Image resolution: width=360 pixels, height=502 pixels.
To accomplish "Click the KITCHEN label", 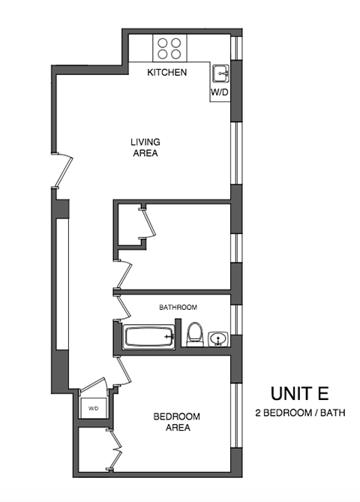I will pos(166,73).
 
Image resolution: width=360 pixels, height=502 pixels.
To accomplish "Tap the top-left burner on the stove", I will pos(162,43).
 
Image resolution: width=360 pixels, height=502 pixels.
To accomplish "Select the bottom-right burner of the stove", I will pos(175,54).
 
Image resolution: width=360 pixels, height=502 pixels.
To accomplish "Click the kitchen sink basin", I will pos(220,74).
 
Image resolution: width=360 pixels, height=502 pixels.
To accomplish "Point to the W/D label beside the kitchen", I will pos(219,92).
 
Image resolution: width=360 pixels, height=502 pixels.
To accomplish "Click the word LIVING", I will pos(145,142).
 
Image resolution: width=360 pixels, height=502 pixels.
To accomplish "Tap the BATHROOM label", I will pos(178,308).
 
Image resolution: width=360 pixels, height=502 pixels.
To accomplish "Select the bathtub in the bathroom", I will pos(149,338).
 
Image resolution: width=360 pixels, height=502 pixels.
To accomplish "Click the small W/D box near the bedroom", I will pos(94,408).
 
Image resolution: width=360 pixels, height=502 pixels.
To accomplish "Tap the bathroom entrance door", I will pos(120,308).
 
